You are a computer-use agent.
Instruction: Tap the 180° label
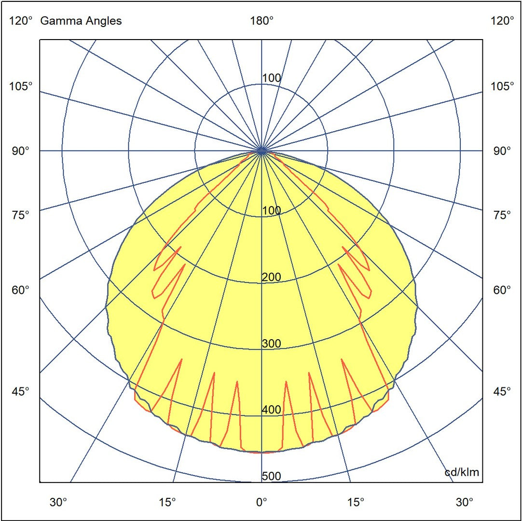point(261,21)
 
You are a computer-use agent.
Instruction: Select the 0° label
point(261,502)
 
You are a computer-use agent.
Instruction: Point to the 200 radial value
point(271,277)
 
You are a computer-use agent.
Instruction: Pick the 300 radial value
point(271,344)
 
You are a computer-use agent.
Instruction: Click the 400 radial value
point(271,410)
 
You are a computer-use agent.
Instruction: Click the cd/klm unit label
point(462,472)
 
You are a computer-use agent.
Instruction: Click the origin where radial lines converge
point(261,151)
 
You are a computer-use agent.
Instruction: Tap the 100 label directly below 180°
point(271,78)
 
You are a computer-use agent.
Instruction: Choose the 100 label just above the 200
point(271,211)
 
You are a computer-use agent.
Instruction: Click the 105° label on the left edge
point(20,87)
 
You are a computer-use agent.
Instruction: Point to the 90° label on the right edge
point(502,151)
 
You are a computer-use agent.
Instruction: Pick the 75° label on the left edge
point(20,215)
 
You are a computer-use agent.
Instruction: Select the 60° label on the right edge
point(502,290)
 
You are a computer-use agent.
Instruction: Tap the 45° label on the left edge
point(20,391)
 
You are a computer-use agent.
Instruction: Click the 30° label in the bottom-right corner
point(464,502)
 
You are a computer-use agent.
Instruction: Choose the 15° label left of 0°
point(167,502)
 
